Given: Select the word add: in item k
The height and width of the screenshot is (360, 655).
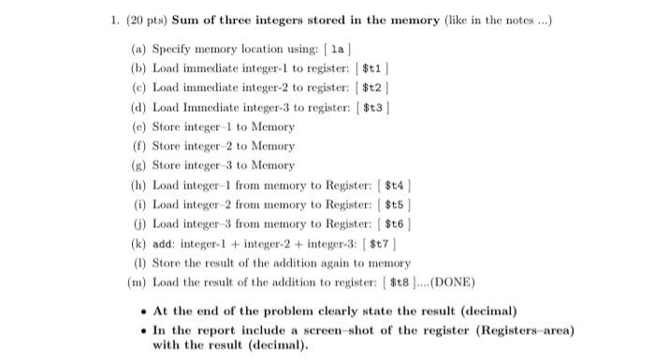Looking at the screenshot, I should click(x=165, y=243).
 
